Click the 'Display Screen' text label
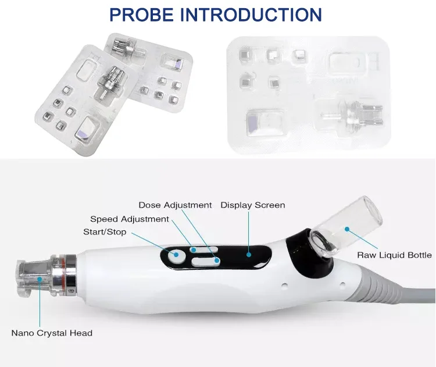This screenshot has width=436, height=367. (252, 205)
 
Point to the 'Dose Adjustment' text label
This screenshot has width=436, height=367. (175, 205)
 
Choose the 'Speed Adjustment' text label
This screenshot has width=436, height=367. (129, 219)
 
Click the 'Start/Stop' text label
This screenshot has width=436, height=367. (105, 233)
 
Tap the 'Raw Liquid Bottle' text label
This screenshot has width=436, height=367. (394, 255)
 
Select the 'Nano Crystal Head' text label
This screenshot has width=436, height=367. (52, 333)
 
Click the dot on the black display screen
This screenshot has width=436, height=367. (251, 254)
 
